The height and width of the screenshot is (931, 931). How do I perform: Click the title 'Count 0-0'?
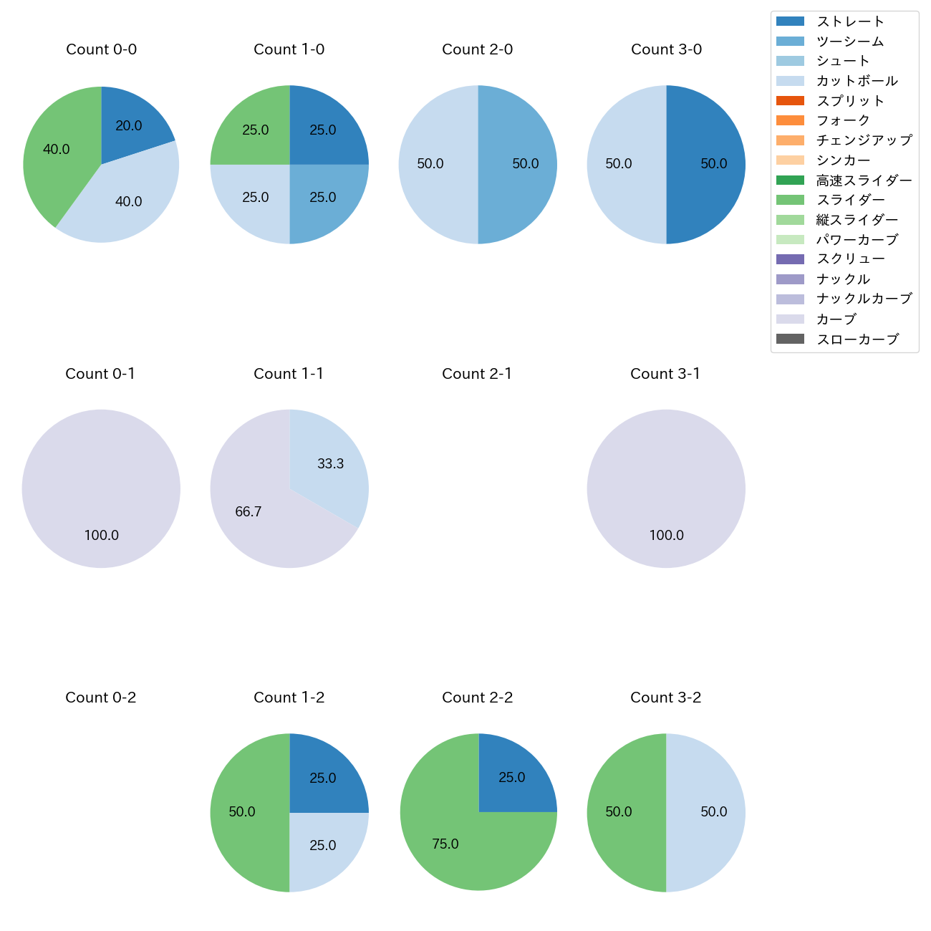tap(101, 49)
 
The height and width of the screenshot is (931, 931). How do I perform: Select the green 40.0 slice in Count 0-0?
tap(57, 150)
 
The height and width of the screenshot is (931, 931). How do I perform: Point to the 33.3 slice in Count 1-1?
tap(330, 464)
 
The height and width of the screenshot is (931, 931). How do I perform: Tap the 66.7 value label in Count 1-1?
tap(249, 512)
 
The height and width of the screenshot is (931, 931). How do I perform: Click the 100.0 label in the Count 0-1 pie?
tap(101, 536)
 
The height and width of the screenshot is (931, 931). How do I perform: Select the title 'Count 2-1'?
tap(477, 374)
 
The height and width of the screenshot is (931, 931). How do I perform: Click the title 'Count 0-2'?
tap(101, 698)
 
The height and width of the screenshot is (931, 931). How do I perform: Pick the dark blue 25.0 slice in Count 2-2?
tap(511, 778)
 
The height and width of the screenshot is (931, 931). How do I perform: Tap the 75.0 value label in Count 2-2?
tap(445, 844)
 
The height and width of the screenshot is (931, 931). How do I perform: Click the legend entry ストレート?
tap(850, 21)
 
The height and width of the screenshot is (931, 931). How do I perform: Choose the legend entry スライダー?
tap(850, 200)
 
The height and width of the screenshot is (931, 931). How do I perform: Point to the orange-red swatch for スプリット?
tap(790, 101)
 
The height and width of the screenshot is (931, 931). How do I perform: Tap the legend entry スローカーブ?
tap(857, 339)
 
